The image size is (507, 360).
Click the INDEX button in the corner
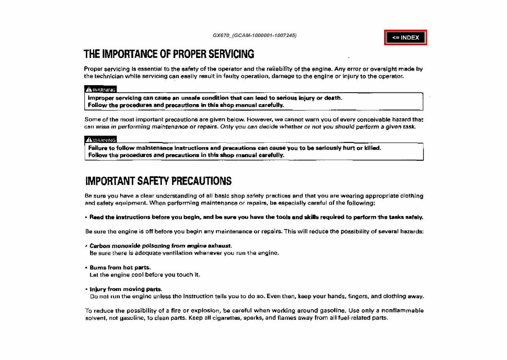click(x=405, y=37)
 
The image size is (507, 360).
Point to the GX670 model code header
click(x=254, y=35)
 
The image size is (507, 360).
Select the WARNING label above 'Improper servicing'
click(x=101, y=89)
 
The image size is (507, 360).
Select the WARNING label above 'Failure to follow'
click(x=101, y=140)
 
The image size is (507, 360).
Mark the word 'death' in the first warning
click(x=333, y=98)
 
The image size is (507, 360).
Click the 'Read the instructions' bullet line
click(x=256, y=217)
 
